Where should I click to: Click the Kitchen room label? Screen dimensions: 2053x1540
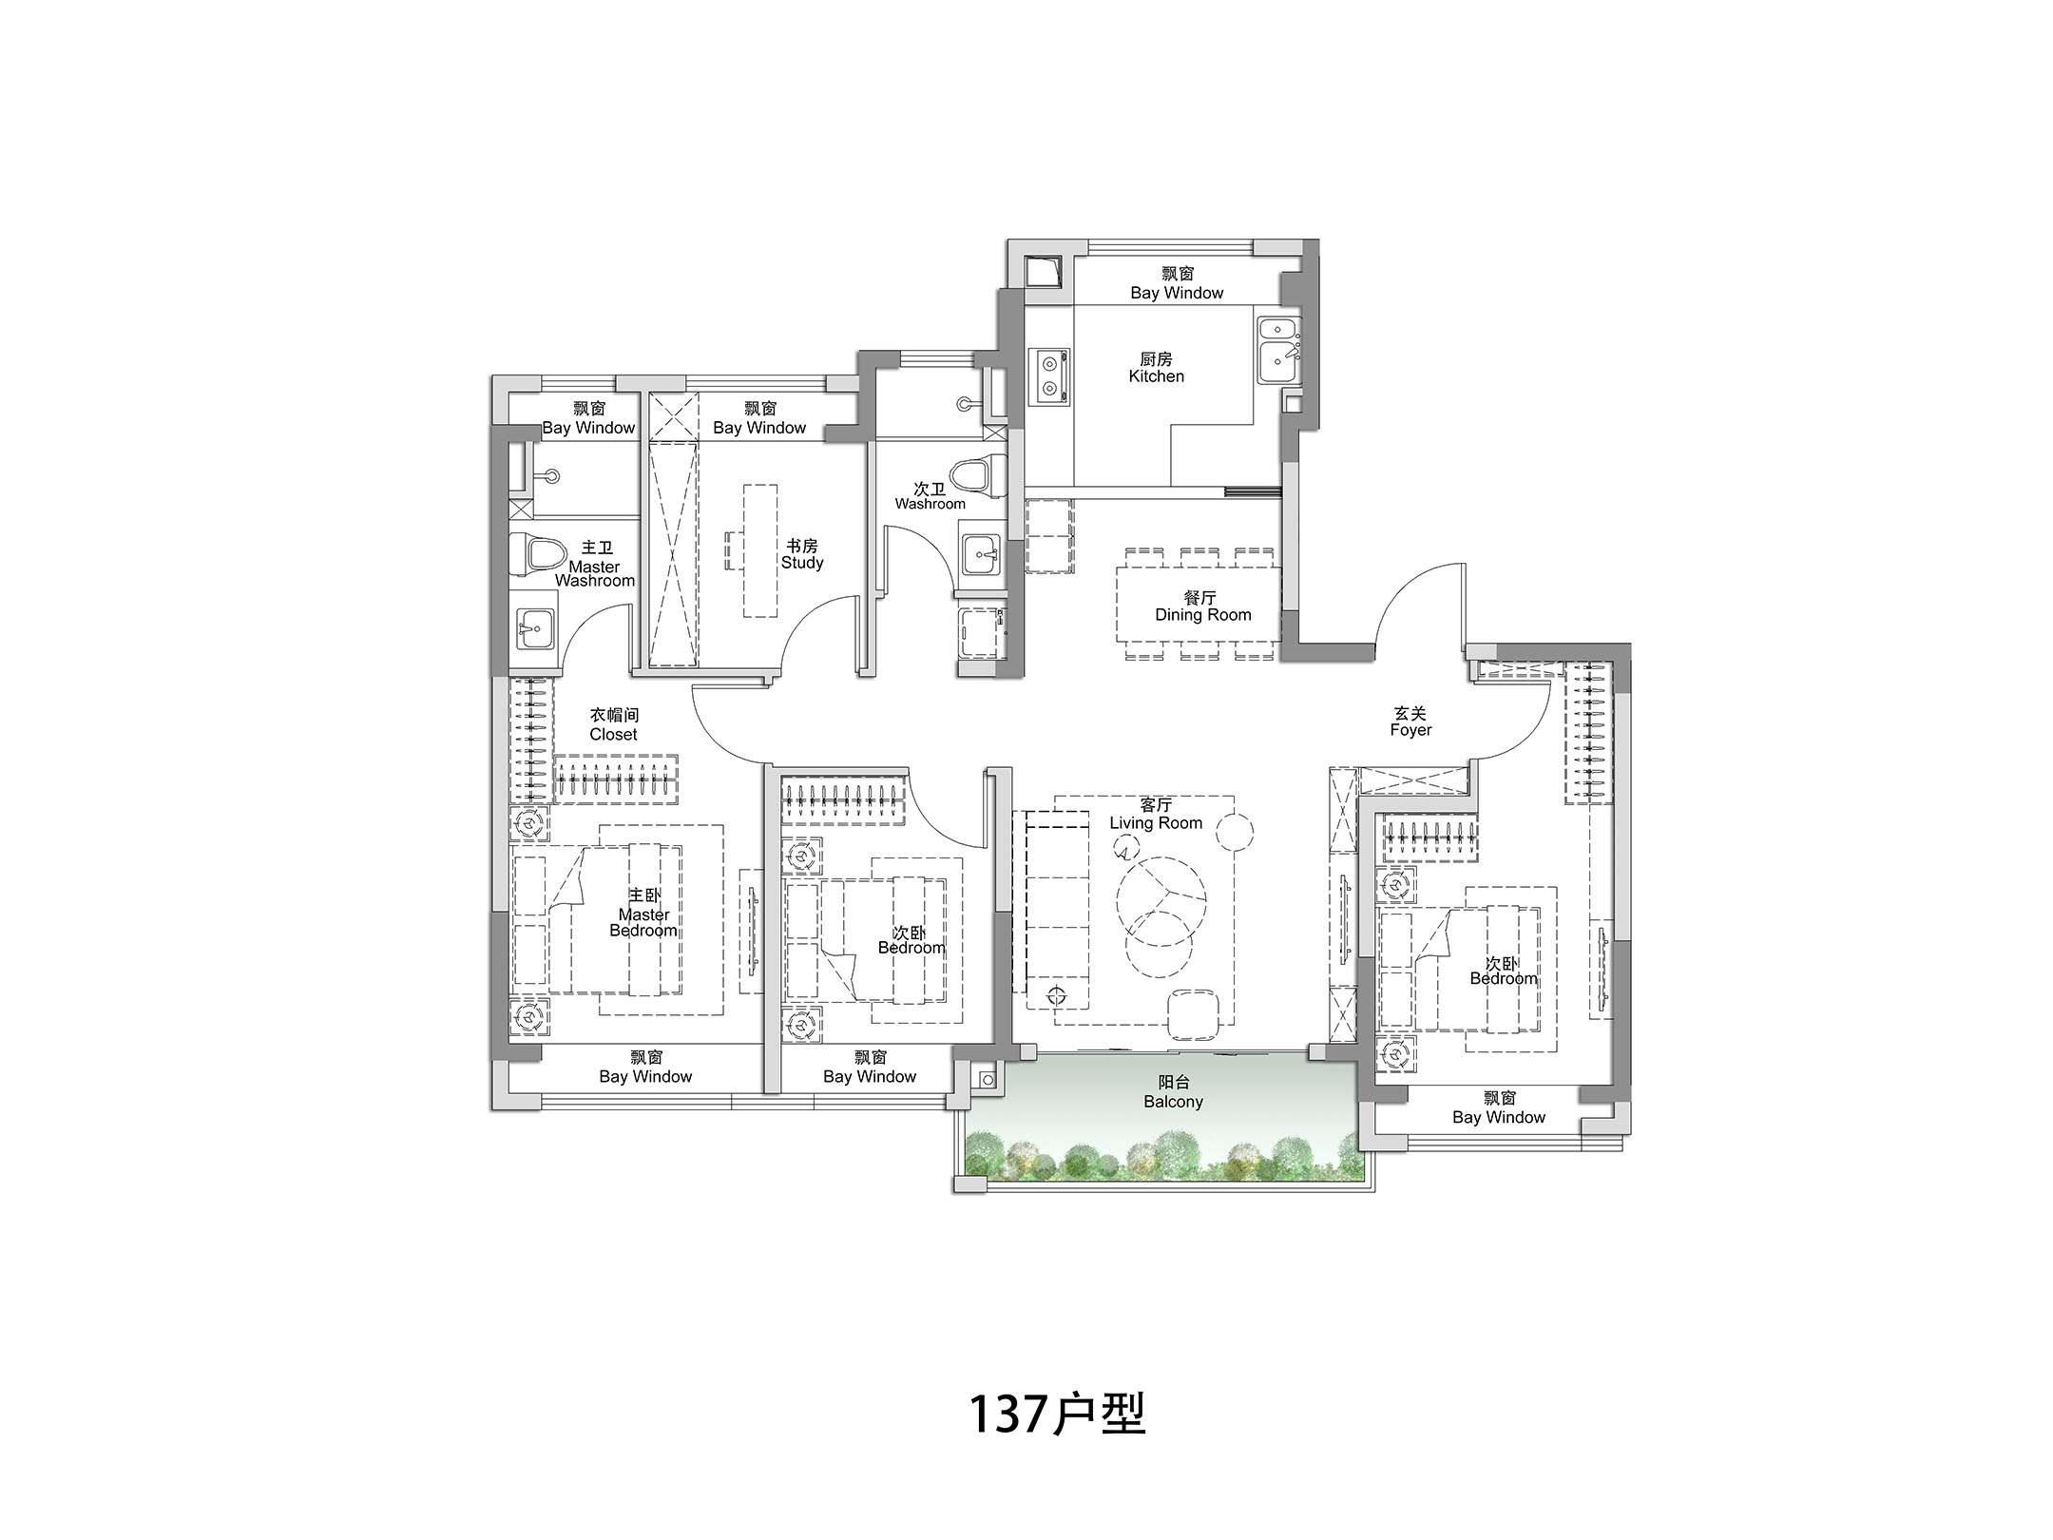[x=1156, y=368]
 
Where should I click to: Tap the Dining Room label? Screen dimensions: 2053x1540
[x=1202, y=606]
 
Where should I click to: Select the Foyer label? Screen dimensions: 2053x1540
[x=1410, y=722]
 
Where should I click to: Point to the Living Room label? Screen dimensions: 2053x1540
[x=1156, y=815]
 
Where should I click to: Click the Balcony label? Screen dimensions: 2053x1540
[x=1174, y=1092]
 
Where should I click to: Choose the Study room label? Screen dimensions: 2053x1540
[x=802, y=554]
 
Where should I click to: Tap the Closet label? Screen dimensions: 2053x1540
[x=613, y=725]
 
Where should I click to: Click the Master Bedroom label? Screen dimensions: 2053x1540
[x=643, y=914]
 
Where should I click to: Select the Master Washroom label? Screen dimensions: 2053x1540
[x=595, y=565]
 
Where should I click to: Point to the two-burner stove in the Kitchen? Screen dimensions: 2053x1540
[x=1049, y=375]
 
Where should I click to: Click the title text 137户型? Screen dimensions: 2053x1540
[x=1057, y=1415]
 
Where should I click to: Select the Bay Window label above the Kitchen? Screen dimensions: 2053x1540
[x=1177, y=284]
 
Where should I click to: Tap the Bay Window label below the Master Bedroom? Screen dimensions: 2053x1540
[x=645, y=1068]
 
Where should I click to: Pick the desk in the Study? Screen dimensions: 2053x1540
[x=760, y=551]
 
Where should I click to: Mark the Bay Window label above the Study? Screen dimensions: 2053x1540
[x=759, y=419]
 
